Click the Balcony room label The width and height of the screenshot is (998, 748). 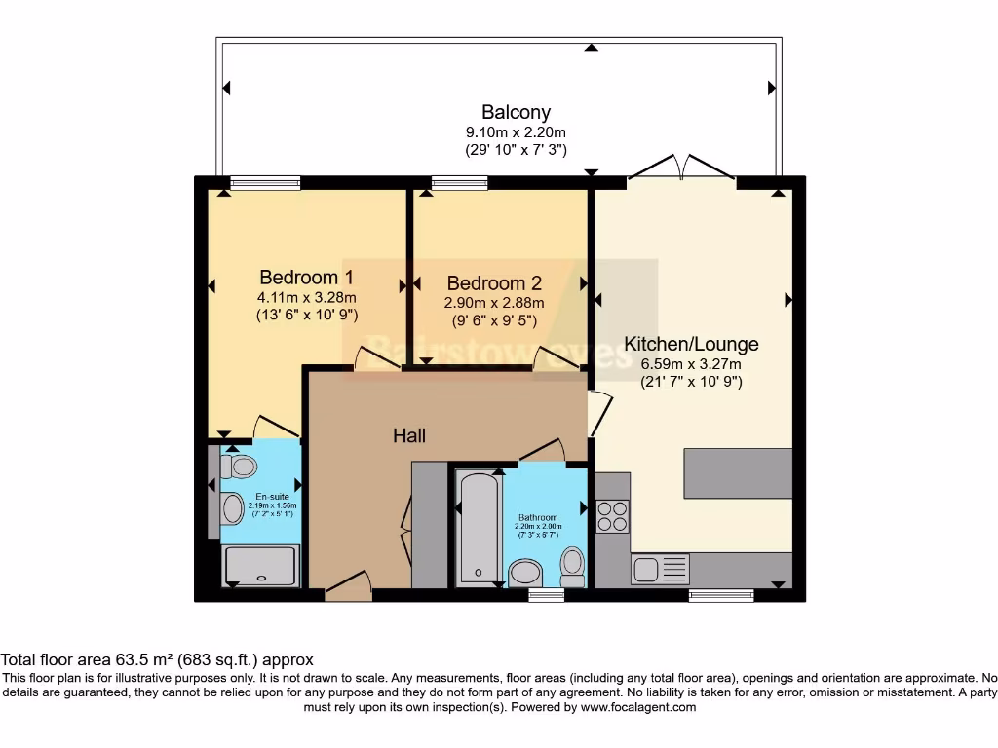tap(516, 112)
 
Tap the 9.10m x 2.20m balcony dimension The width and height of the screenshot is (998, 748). tap(516, 132)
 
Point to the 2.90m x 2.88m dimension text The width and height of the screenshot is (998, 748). tap(494, 303)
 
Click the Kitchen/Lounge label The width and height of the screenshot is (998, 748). tap(691, 344)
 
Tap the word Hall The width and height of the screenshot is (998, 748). tap(409, 436)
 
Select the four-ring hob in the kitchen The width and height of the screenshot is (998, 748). tap(612, 516)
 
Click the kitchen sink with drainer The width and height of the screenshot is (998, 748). tap(660, 569)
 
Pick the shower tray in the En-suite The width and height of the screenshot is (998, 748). tap(260, 566)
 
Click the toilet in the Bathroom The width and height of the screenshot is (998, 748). tap(572, 565)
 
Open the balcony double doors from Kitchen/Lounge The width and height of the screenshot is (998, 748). tap(681, 168)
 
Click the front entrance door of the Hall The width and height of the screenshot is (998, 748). tap(349, 587)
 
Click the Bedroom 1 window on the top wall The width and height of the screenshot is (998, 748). tap(265, 182)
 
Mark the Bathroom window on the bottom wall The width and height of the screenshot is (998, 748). tap(547, 594)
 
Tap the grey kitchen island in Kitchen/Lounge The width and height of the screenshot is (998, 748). tap(738, 473)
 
